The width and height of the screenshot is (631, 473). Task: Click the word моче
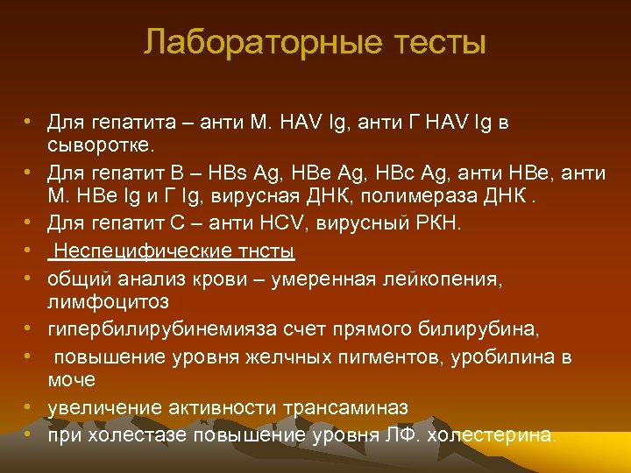point(71,380)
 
